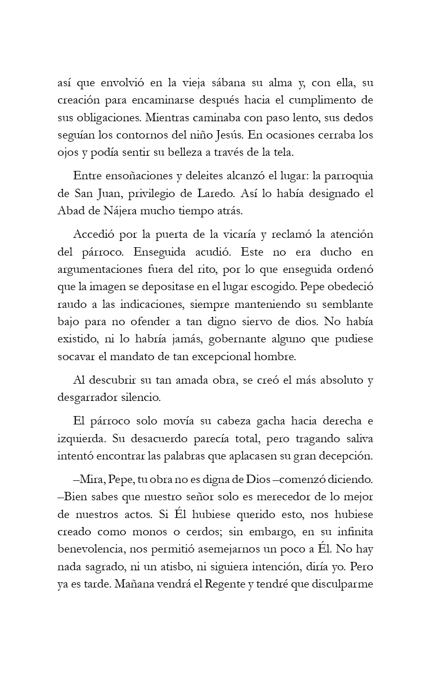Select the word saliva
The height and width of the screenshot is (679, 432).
(356, 438)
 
